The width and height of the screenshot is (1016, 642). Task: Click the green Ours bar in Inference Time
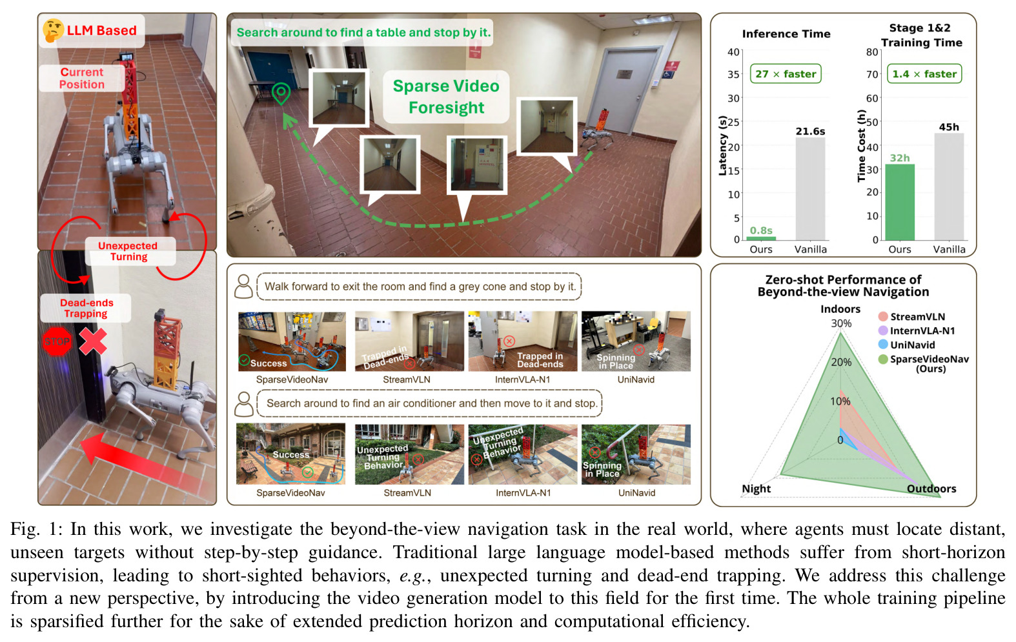760,238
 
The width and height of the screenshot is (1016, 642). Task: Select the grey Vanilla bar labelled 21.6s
810,188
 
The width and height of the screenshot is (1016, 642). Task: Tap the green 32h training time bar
899,202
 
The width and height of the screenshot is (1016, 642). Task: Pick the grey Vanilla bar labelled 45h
949,186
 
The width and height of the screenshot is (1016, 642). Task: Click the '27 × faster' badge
786,74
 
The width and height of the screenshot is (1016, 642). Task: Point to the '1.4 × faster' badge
924,74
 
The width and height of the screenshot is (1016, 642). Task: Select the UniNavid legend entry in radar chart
906,345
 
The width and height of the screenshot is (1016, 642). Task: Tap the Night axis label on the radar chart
756,488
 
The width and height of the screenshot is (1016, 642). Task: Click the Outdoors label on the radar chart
931,488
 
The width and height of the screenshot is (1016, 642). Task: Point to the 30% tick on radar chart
841,323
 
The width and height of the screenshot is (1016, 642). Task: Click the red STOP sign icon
57,341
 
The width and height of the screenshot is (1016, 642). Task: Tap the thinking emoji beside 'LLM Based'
53,30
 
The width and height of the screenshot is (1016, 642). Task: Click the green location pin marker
281,94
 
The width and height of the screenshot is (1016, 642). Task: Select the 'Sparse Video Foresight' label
446,97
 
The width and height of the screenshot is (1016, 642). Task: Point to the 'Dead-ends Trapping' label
86,308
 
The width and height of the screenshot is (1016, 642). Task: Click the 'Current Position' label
81,78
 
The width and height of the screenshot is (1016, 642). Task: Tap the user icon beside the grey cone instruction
243,286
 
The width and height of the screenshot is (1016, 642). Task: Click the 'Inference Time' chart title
786,34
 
